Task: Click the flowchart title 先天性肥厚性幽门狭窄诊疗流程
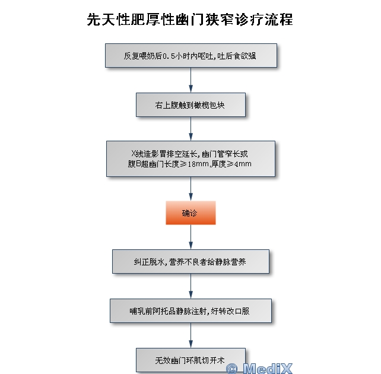point(190,20)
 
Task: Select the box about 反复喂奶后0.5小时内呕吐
point(190,56)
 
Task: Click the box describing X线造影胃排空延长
point(190,159)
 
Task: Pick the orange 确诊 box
point(190,213)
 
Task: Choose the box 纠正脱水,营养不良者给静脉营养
point(190,261)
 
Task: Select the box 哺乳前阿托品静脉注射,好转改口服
point(190,310)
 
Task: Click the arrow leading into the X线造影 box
point(190,129)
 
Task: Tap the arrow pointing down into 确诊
point(190,189)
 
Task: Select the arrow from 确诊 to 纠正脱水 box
point(190,237)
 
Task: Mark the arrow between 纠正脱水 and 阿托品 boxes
point(190,286)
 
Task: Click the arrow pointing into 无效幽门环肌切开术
point(190,335)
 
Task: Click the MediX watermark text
point(268,368)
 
